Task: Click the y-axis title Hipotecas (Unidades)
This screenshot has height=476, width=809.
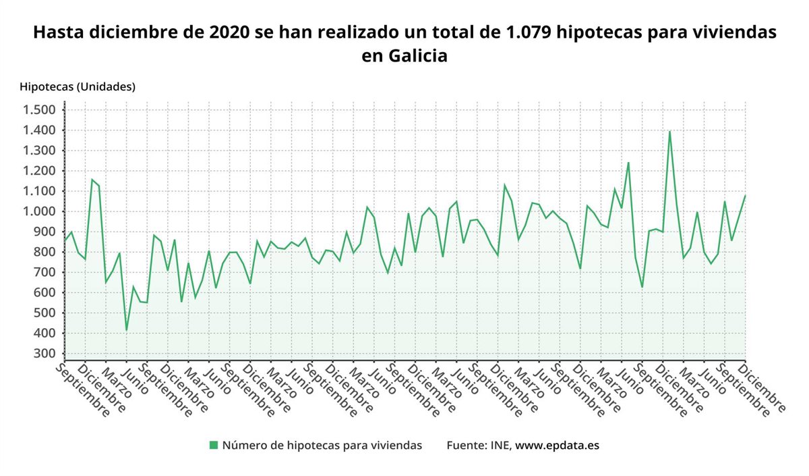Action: pyautogui.click(x=78, y=86)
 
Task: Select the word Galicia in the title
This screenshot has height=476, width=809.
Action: pyautogui.click(x=418, y=55)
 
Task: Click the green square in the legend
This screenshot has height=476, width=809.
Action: pyautogui.click(x=214, y=445)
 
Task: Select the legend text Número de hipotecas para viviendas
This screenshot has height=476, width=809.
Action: pyautogui.click(x=322, y=445)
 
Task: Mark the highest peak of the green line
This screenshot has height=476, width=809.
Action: pyautogui.click(x=669, y=131)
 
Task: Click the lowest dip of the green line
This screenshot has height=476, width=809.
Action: pyautogui.click(x=126, y=330)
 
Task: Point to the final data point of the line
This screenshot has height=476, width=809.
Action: pyautogui.click(x=745, y=196)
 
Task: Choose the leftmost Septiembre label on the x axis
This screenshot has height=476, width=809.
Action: pyautogui.click(x=82, y=390)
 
